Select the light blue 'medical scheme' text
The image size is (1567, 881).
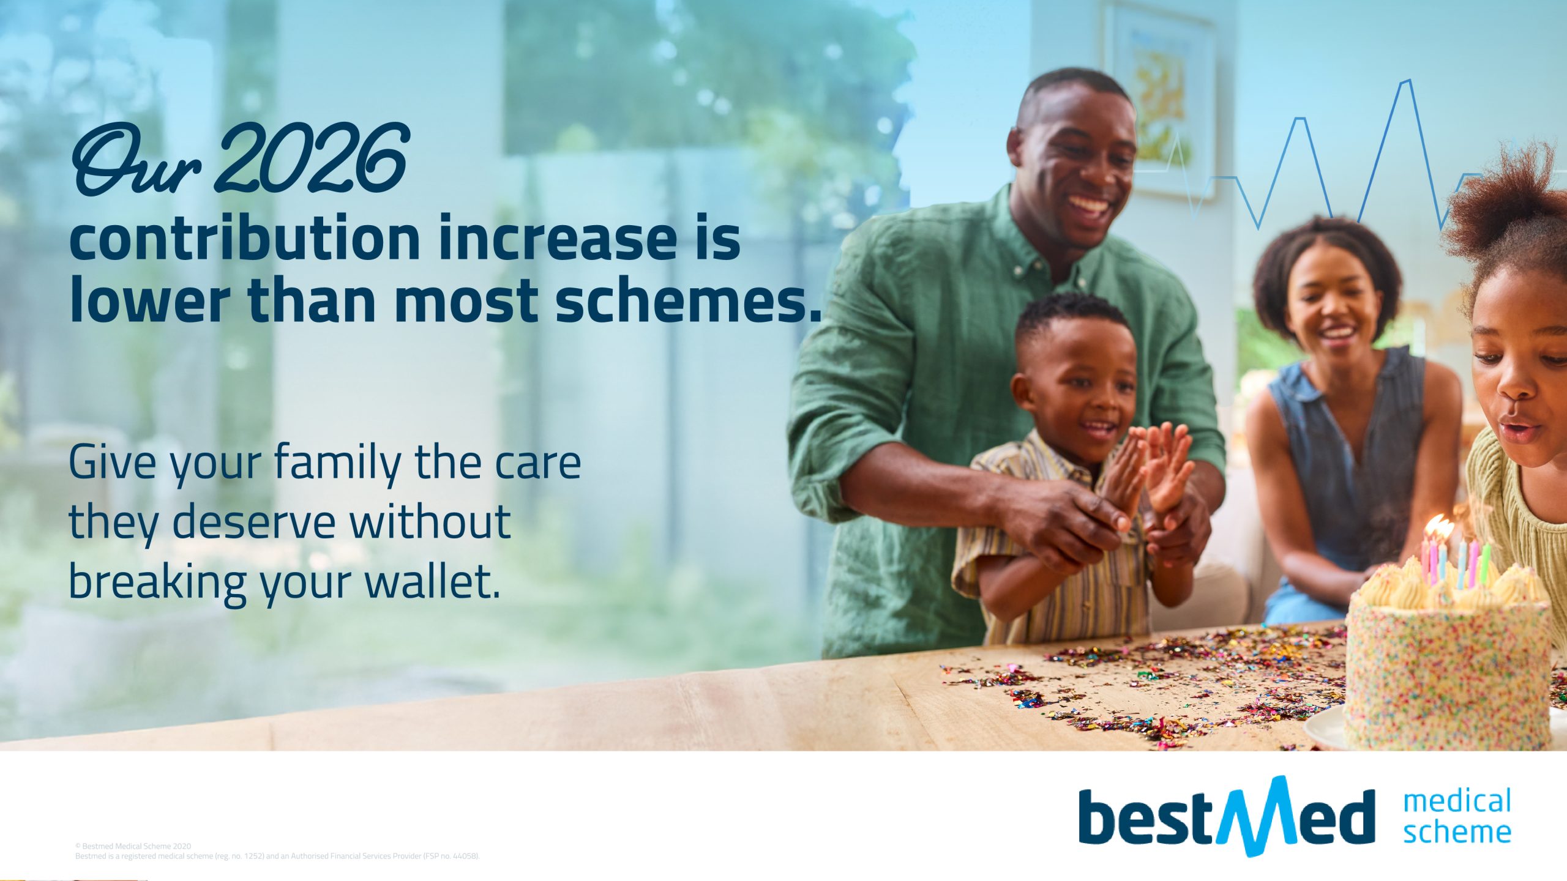(1457, 817)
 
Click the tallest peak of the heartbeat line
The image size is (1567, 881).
(1407, 80)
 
